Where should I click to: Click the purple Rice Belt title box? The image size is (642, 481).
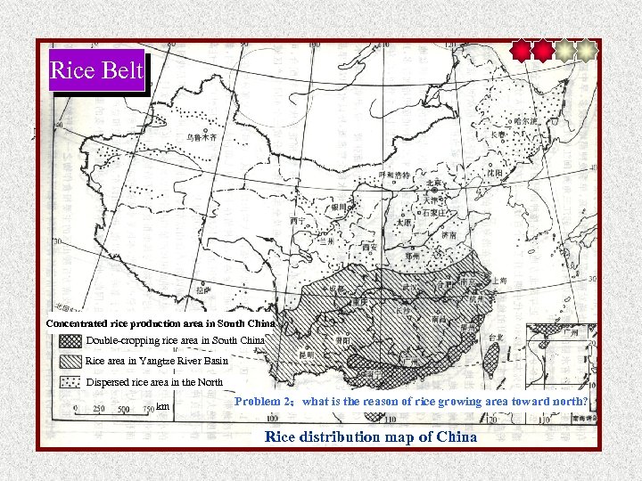(96, 70)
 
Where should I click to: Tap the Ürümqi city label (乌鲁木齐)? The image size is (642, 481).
(202, 138)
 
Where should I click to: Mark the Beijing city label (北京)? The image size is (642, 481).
(433, 183)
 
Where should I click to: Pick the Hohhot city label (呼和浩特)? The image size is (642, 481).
(394, 175)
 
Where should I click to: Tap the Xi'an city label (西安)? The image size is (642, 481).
(369, 247)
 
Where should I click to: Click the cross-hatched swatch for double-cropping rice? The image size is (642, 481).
(70, 340)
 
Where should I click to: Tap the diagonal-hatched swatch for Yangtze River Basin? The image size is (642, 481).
(70, 361)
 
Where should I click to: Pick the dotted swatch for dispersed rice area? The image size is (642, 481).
(70, 382)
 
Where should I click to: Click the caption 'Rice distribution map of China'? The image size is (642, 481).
(371, 436)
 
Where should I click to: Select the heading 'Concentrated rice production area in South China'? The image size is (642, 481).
(160, 322)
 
